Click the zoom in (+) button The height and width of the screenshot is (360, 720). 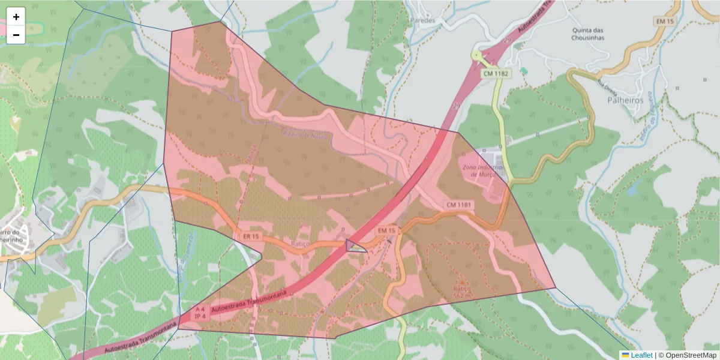(x=16, y=17)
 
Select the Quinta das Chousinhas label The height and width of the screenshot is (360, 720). (x=587, y=34)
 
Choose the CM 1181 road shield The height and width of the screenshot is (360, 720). (x=460, y=205)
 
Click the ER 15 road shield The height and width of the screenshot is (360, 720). (x=251, y=236)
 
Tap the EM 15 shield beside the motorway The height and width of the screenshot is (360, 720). (x=387, y=230)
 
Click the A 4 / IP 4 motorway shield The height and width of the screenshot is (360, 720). (x=200, y=313)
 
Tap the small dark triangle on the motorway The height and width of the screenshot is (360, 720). (x=353, y=245)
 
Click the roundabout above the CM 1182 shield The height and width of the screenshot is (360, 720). (x=477, y=56)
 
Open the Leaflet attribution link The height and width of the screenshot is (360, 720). (x=641, y=355)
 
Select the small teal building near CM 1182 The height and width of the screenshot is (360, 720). (x=524, y=71)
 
